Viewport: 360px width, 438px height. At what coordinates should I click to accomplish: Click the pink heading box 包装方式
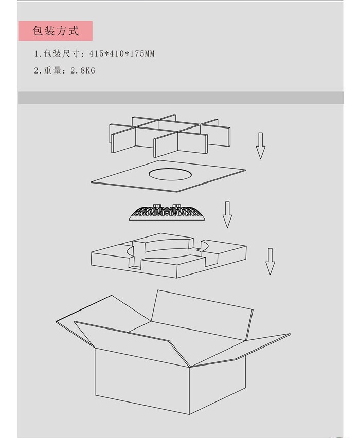point(56,31)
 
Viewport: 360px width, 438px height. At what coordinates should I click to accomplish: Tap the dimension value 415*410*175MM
point(122,53)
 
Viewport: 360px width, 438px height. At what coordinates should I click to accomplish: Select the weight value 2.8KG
point(83,70)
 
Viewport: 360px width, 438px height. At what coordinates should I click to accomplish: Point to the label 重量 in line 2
point(52,70)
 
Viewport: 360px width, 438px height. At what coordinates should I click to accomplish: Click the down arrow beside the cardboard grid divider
point(261,146)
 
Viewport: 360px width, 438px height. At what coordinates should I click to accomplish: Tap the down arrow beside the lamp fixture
point(227,214)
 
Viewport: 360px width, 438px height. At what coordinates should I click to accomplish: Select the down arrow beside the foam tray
point(270,261)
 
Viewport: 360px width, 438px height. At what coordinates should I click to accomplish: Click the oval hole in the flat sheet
point(170,174)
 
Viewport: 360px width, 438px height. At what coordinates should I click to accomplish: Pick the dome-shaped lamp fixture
point(167,212)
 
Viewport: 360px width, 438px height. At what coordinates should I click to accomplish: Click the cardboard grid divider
point(170,136)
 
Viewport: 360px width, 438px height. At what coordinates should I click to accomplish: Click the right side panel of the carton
point(218,385)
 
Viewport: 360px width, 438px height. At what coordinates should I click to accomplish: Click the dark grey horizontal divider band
point(181,98)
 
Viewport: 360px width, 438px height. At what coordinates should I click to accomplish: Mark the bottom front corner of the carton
point(189,414)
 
